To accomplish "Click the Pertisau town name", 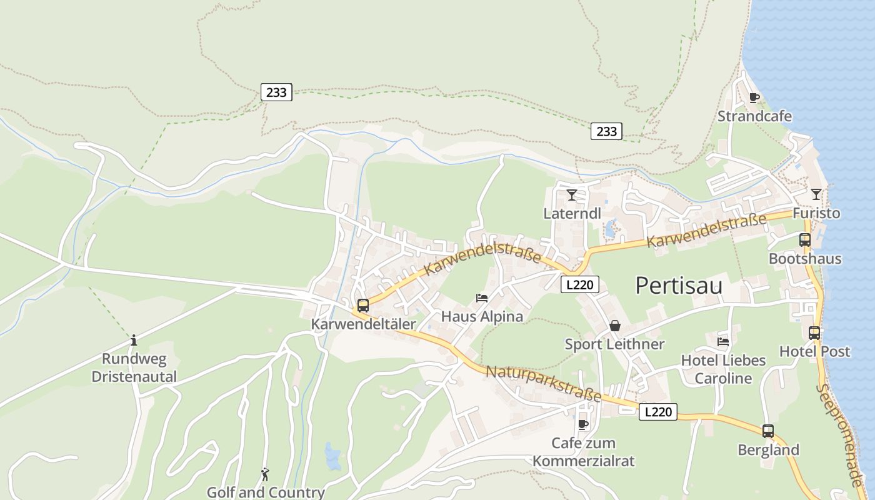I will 679,286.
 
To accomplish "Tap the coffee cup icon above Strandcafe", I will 754,97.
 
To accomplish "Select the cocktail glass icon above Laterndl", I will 571,195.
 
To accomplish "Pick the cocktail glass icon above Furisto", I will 816,194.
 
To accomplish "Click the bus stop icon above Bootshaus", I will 804,240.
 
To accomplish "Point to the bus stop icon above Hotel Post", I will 814,333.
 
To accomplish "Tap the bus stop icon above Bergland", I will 768,431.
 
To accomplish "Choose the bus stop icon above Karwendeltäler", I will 363,306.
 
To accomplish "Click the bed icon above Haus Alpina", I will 482,297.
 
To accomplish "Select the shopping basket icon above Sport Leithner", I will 615,326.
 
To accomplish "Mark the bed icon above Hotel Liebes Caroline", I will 723,342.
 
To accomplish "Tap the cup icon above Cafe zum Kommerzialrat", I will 583,425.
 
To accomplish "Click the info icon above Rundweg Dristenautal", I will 133,341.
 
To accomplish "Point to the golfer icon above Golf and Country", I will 265,474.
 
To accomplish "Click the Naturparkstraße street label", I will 544,384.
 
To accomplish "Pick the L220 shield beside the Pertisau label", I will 580,285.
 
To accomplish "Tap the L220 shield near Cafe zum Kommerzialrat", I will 657,412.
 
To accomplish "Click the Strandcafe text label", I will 754,116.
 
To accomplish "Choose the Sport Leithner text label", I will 614,344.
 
